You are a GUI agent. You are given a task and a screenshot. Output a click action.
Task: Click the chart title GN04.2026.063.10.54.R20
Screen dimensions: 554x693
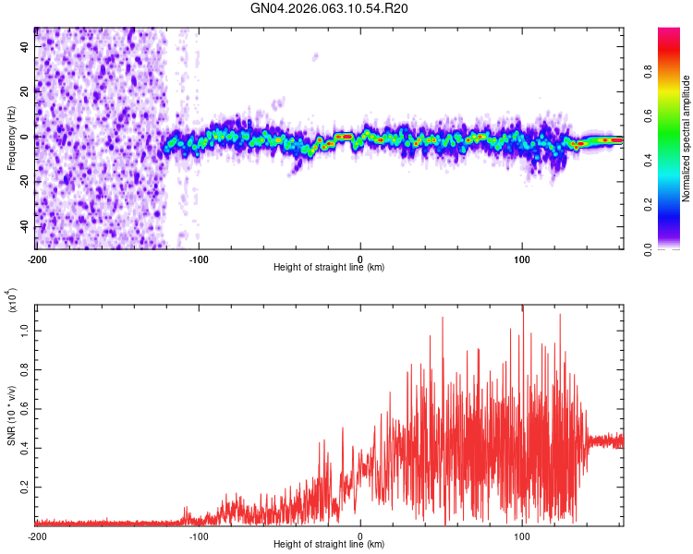tap(330, 8)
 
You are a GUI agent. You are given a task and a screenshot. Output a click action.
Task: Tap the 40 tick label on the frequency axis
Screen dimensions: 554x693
tap(26, 45)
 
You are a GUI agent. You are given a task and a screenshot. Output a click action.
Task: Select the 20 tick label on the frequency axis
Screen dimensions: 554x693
tap(26, 90)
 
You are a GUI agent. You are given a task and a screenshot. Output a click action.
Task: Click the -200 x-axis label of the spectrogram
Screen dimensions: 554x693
tap(38, 259)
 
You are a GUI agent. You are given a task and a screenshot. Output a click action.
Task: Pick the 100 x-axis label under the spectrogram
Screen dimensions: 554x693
tap(522, 259)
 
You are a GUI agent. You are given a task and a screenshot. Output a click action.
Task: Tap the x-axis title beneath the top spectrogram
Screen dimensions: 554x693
tap(330, 268)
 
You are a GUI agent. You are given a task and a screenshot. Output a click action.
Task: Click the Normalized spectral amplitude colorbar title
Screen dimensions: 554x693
tap(687, 138)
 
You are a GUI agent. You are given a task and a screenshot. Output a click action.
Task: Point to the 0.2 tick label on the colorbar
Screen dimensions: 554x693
tap(650, 205)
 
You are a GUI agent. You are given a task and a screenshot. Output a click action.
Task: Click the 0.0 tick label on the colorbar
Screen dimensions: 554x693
tap(650, 248)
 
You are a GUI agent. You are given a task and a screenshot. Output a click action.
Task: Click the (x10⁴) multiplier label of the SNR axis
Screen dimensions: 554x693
tap(12, 300)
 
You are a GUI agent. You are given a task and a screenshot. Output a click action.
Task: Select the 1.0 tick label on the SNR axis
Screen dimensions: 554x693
tap(26, 329)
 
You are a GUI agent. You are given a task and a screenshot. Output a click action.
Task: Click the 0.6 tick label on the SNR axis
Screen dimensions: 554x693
tap(26, 406)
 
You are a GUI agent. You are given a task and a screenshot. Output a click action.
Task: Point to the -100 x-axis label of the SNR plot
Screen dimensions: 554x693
tap(199, 536)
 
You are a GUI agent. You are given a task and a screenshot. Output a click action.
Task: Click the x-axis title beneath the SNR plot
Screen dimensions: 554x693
tap(330, 545)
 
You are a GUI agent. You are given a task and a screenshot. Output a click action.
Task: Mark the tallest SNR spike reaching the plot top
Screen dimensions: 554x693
tap(523, 309)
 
